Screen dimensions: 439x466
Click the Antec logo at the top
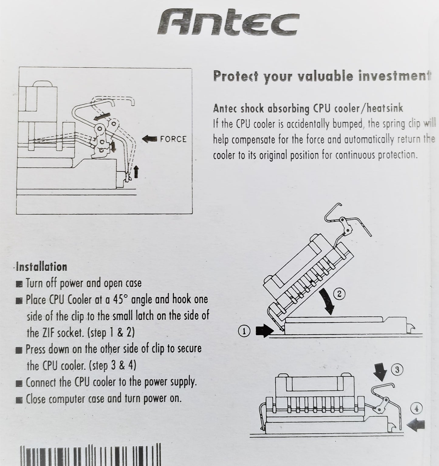tap(228, 25)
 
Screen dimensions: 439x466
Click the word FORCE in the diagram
tap(173, 139)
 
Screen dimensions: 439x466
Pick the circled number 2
tap(340, 294)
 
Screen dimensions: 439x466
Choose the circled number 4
tap(416, 409)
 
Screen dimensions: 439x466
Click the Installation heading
tap(42, 267)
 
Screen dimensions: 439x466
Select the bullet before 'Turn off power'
tap(19, 284)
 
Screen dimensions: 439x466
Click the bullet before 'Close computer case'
tap(19, 400)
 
